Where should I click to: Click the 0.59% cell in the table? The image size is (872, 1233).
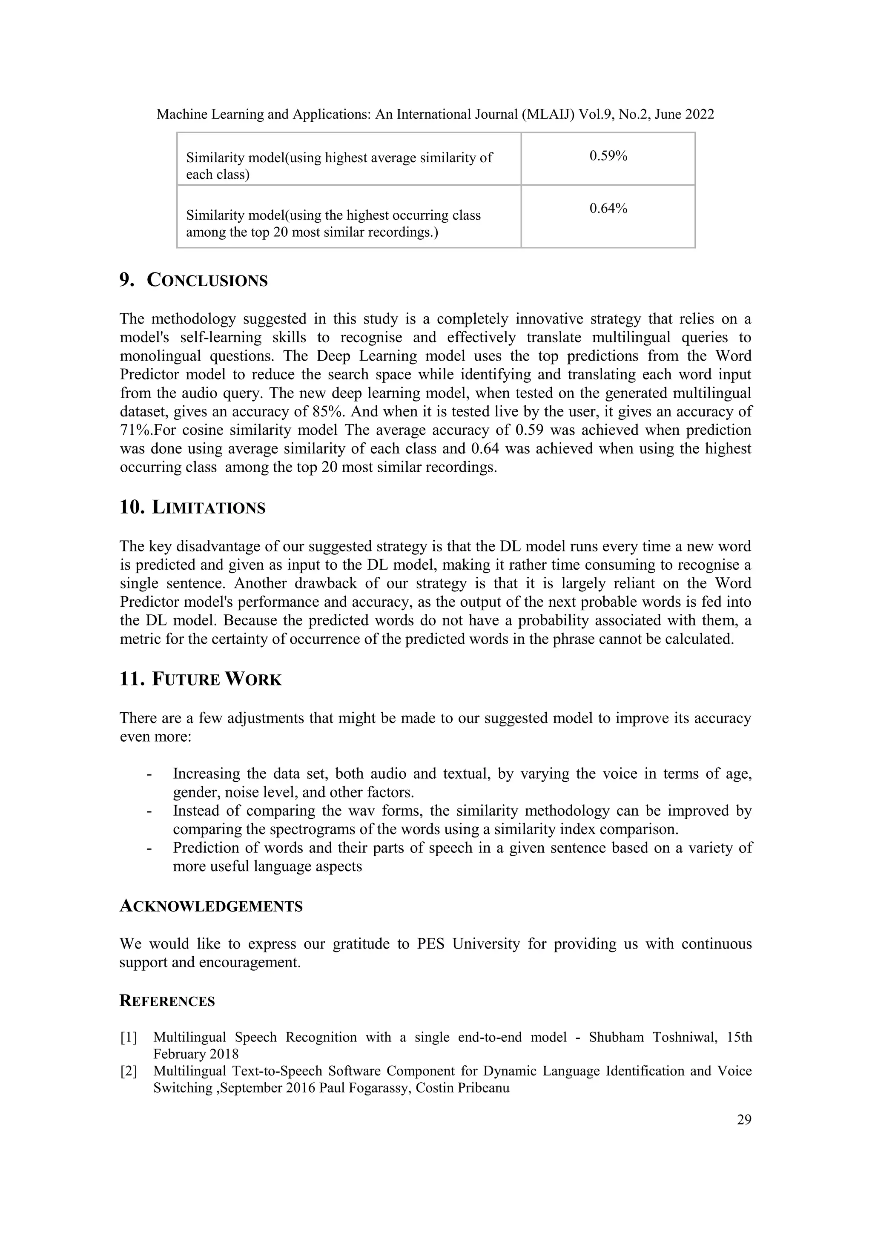pyautogui.click(x=608, y=156)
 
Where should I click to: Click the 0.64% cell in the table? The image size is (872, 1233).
pyautogui.click(x=608, y=208)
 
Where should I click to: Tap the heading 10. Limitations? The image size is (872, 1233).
pyautogui.click(x=192, y=508)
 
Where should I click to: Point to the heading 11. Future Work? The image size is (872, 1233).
pyautogui.click(x=200, y=680)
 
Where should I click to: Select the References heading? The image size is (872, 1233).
pyautogui.click(x=167, y=1001)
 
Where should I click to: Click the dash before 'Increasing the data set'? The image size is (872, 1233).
pyautogui.click(x=149, y=774)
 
